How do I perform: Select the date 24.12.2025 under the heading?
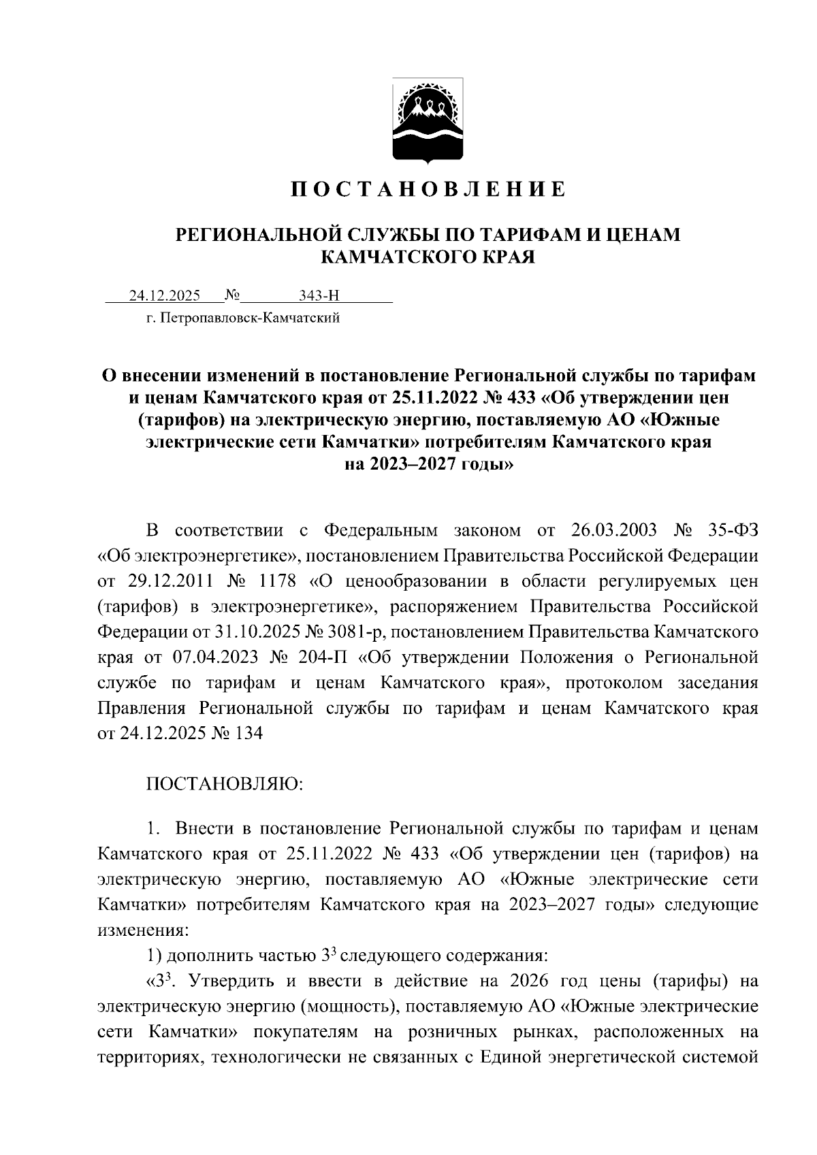(x=165, y=295)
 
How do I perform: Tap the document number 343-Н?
(x=319, y=295)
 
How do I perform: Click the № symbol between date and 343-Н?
(x=233, y=295)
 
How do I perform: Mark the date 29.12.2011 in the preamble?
(x=170, y=582)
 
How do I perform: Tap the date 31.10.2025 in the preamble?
(x=257, y=632)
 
